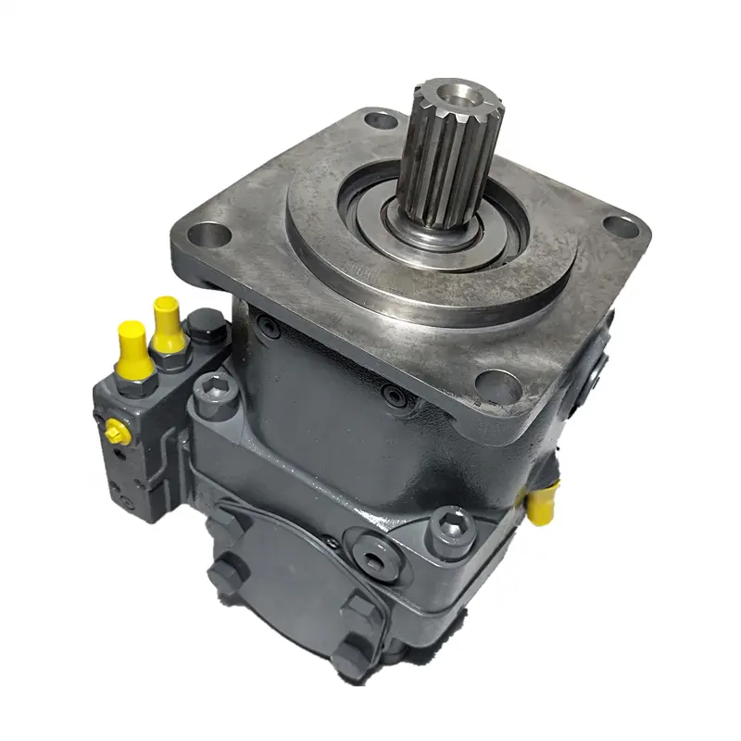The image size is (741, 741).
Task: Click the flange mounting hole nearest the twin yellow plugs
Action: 212,233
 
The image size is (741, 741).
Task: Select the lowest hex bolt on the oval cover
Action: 351,659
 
